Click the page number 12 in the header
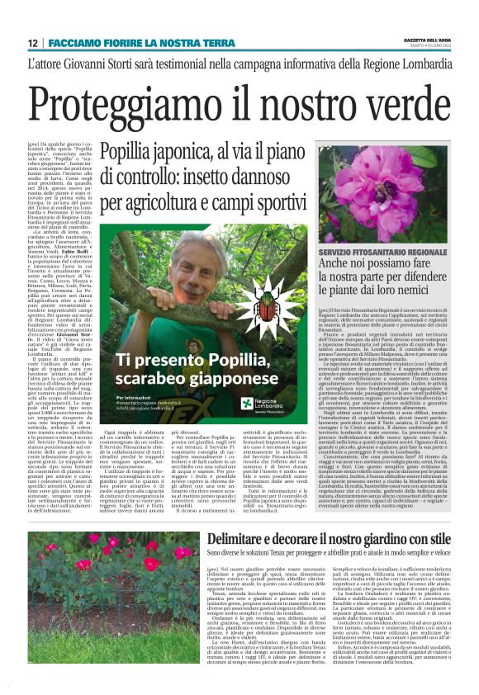pos(33,43)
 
